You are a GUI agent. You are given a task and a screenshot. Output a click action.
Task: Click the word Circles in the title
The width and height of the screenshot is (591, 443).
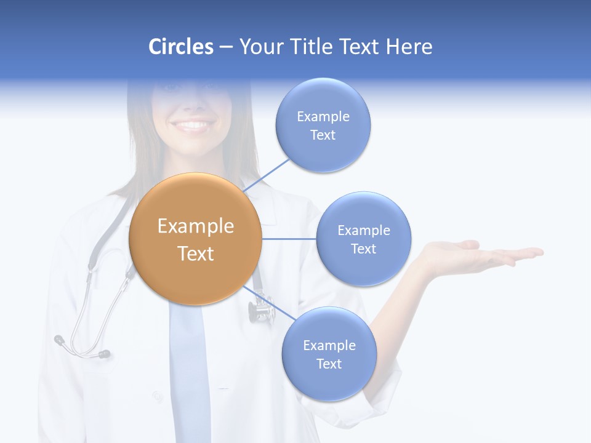click(180, 47)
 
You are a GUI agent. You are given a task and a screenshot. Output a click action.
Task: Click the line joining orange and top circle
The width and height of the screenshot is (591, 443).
click(267, 175)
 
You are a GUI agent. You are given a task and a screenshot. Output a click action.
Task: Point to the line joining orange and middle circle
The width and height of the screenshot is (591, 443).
click(289, 239)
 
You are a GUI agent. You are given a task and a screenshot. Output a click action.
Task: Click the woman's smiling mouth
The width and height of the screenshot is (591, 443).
click(193, 126)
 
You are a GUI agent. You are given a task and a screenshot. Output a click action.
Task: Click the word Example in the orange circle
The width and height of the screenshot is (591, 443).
click(196, 226)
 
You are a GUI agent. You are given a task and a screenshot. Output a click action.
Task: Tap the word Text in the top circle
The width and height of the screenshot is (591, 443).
click(323, 135)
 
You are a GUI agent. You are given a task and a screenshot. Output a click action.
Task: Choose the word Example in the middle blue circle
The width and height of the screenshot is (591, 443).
click(364, 231)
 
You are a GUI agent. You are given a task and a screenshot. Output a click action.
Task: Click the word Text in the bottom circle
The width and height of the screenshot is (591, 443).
click(329, 364)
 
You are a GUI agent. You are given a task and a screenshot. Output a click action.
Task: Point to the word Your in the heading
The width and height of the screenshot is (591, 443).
click(259, 47)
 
